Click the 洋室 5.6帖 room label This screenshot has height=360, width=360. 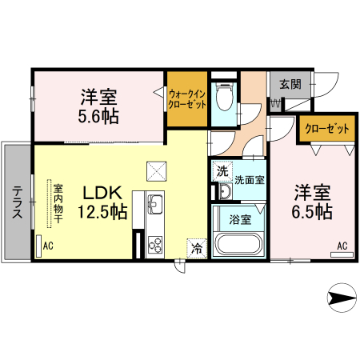click(x=98, y=107)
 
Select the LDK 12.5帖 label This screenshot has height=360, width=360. click(x=101, y=202)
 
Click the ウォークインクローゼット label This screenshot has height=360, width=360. click(x=187, y=99)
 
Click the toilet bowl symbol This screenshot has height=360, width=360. click(x=224, y=99)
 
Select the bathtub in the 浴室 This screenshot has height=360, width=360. click(x=238, y=243)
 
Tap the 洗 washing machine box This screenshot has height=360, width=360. click(x=222, y=170)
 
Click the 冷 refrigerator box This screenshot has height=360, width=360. click(x=195, y=248)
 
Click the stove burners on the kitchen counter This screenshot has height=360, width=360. click(x=154, y=243)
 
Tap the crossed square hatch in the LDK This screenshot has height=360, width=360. click(x=155, y=170)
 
